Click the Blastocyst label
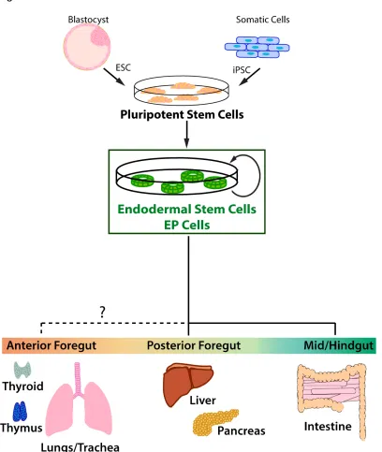(88, 20)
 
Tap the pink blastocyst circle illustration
(87, 47)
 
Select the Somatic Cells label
(263, 20)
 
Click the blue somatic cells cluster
(257, 47)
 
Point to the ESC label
(123, 67)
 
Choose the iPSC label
(242, 70)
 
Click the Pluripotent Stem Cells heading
(182, 114)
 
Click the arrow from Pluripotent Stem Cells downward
(186, 134)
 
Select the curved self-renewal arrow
(259, 176)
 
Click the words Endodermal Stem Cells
(186, 209)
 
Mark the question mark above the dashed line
(102, 312)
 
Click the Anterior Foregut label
(51, 345)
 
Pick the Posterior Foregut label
(194, 345)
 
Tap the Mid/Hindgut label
(339, 345)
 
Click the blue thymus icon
(20, 412)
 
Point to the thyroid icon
(22, 370)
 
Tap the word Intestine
(328, 427)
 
